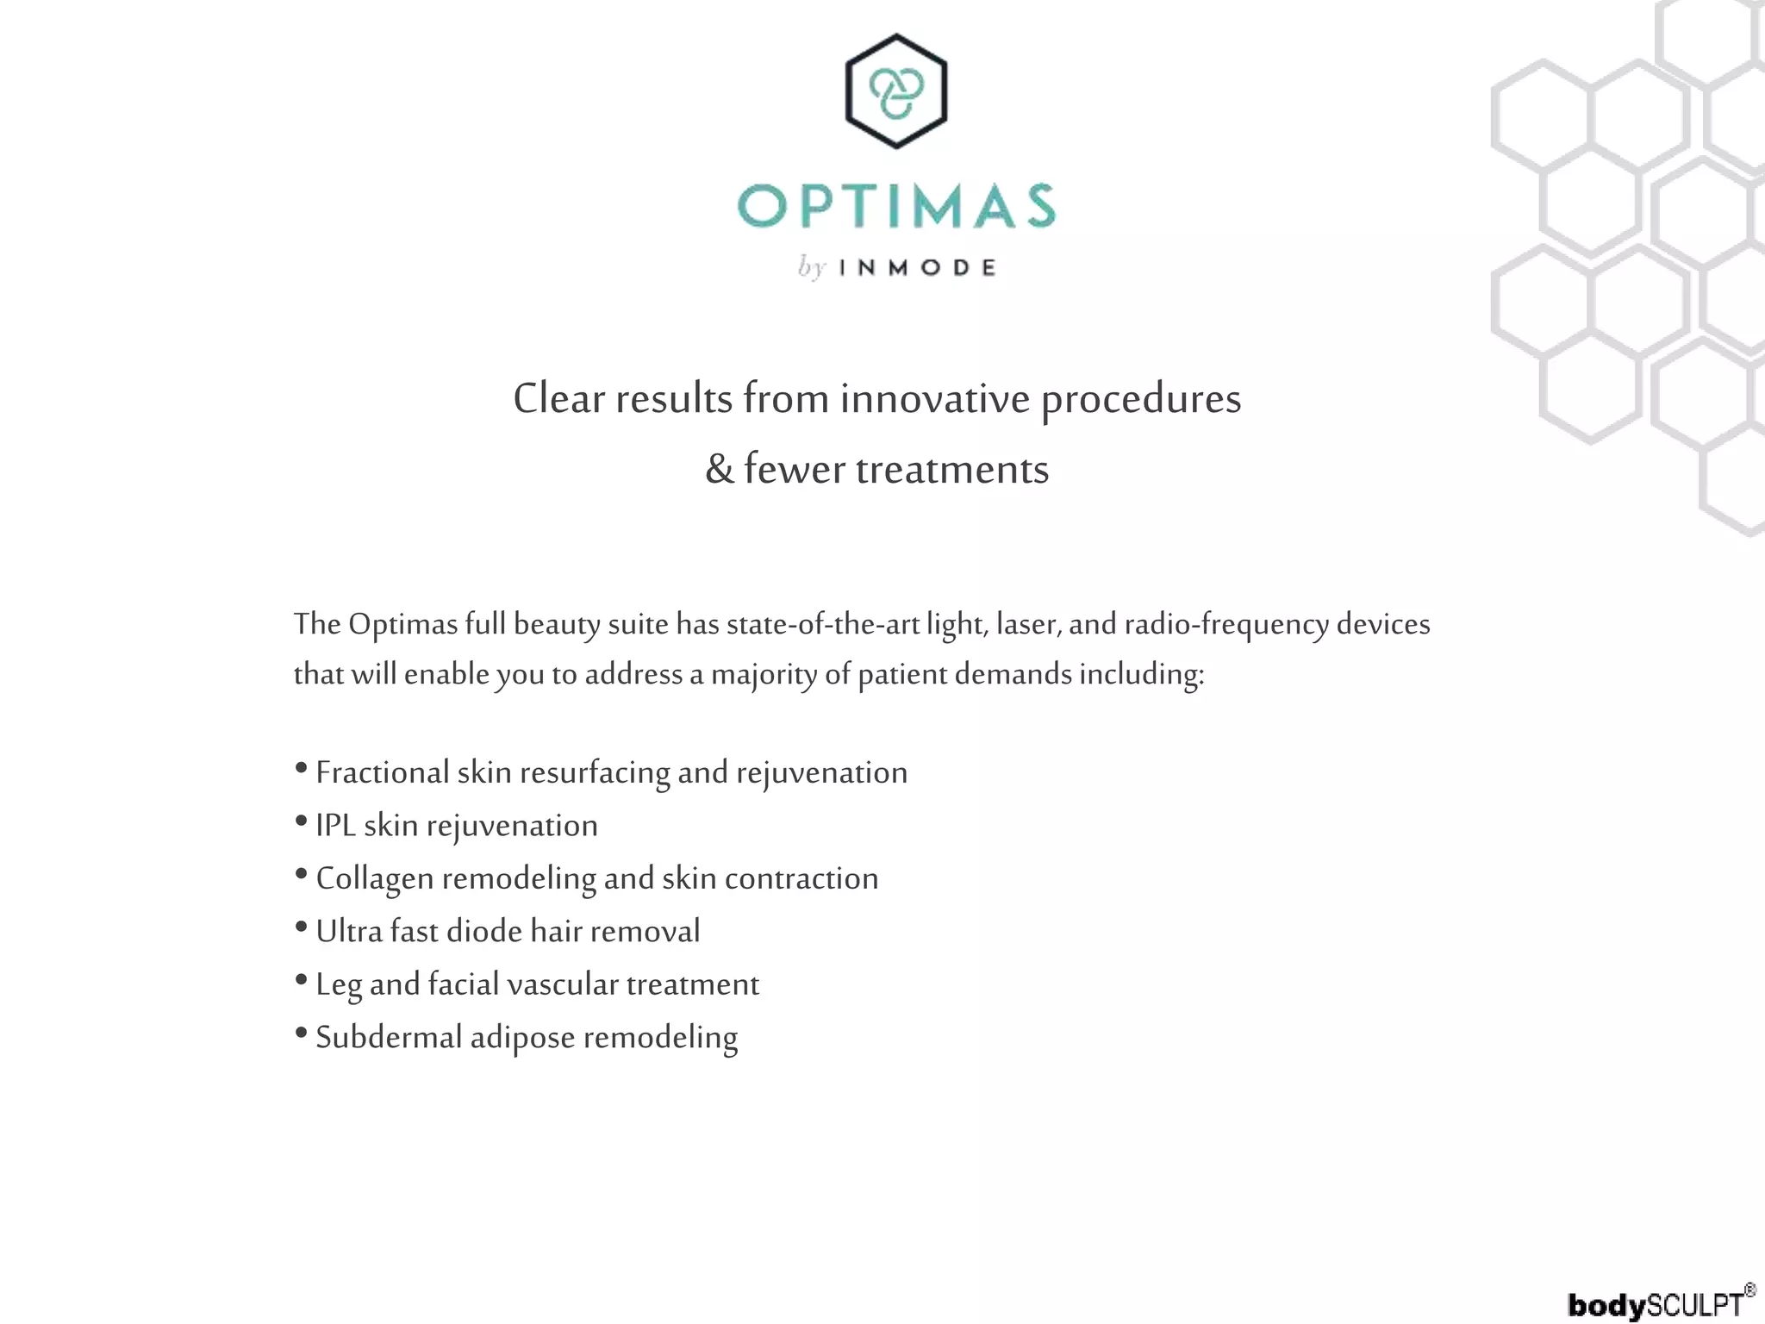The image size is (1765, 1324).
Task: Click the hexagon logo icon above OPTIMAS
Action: coord(896,91)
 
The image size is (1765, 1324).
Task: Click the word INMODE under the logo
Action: coord(917,267)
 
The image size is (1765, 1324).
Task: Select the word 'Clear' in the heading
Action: coord(558,399)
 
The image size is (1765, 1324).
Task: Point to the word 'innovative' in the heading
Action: coord(935,399)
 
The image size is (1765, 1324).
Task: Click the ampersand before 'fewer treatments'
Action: coord(720,470)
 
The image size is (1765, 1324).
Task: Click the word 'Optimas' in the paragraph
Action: coord(402,623)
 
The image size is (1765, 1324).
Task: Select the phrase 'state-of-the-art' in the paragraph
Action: coord(823,623)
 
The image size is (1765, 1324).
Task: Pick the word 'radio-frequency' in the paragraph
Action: coord(1226,623)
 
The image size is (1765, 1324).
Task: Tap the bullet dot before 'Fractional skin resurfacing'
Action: coord(301,767)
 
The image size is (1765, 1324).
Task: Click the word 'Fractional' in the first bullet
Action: coord(383,772)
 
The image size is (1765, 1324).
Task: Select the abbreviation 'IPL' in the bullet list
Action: coord(336,825)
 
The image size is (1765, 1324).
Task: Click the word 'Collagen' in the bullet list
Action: coord(375,878)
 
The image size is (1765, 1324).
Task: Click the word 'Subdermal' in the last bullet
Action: coord(389,1037)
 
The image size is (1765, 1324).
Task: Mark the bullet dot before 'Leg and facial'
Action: coord(301,979)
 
